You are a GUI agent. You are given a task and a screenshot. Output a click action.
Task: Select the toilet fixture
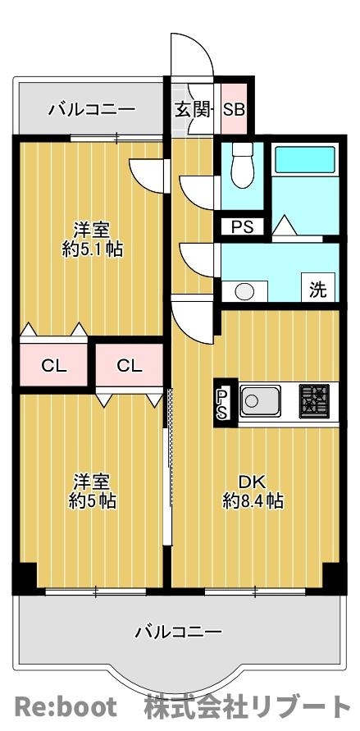coord(242,166)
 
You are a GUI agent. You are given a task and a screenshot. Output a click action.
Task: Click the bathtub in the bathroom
coord(305,160)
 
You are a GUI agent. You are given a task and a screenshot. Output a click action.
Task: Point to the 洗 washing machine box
coord(318,287)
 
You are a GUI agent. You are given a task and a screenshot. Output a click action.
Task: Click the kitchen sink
coord(260,401)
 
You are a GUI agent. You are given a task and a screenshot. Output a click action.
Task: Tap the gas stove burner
coord(314,400)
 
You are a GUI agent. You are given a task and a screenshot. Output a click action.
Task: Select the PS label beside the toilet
coord(242,227)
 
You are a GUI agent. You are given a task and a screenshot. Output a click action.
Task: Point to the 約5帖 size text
coord(92,501)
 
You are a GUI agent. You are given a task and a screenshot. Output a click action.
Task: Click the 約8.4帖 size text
coord(253,501)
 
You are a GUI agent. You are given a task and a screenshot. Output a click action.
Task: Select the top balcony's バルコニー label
coord(92,110)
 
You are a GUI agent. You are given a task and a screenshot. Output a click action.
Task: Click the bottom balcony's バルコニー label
coord(179,633)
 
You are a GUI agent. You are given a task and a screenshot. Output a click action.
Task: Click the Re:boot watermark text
coord(66,706)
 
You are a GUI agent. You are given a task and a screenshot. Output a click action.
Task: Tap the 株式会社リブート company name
coord(248,706)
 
